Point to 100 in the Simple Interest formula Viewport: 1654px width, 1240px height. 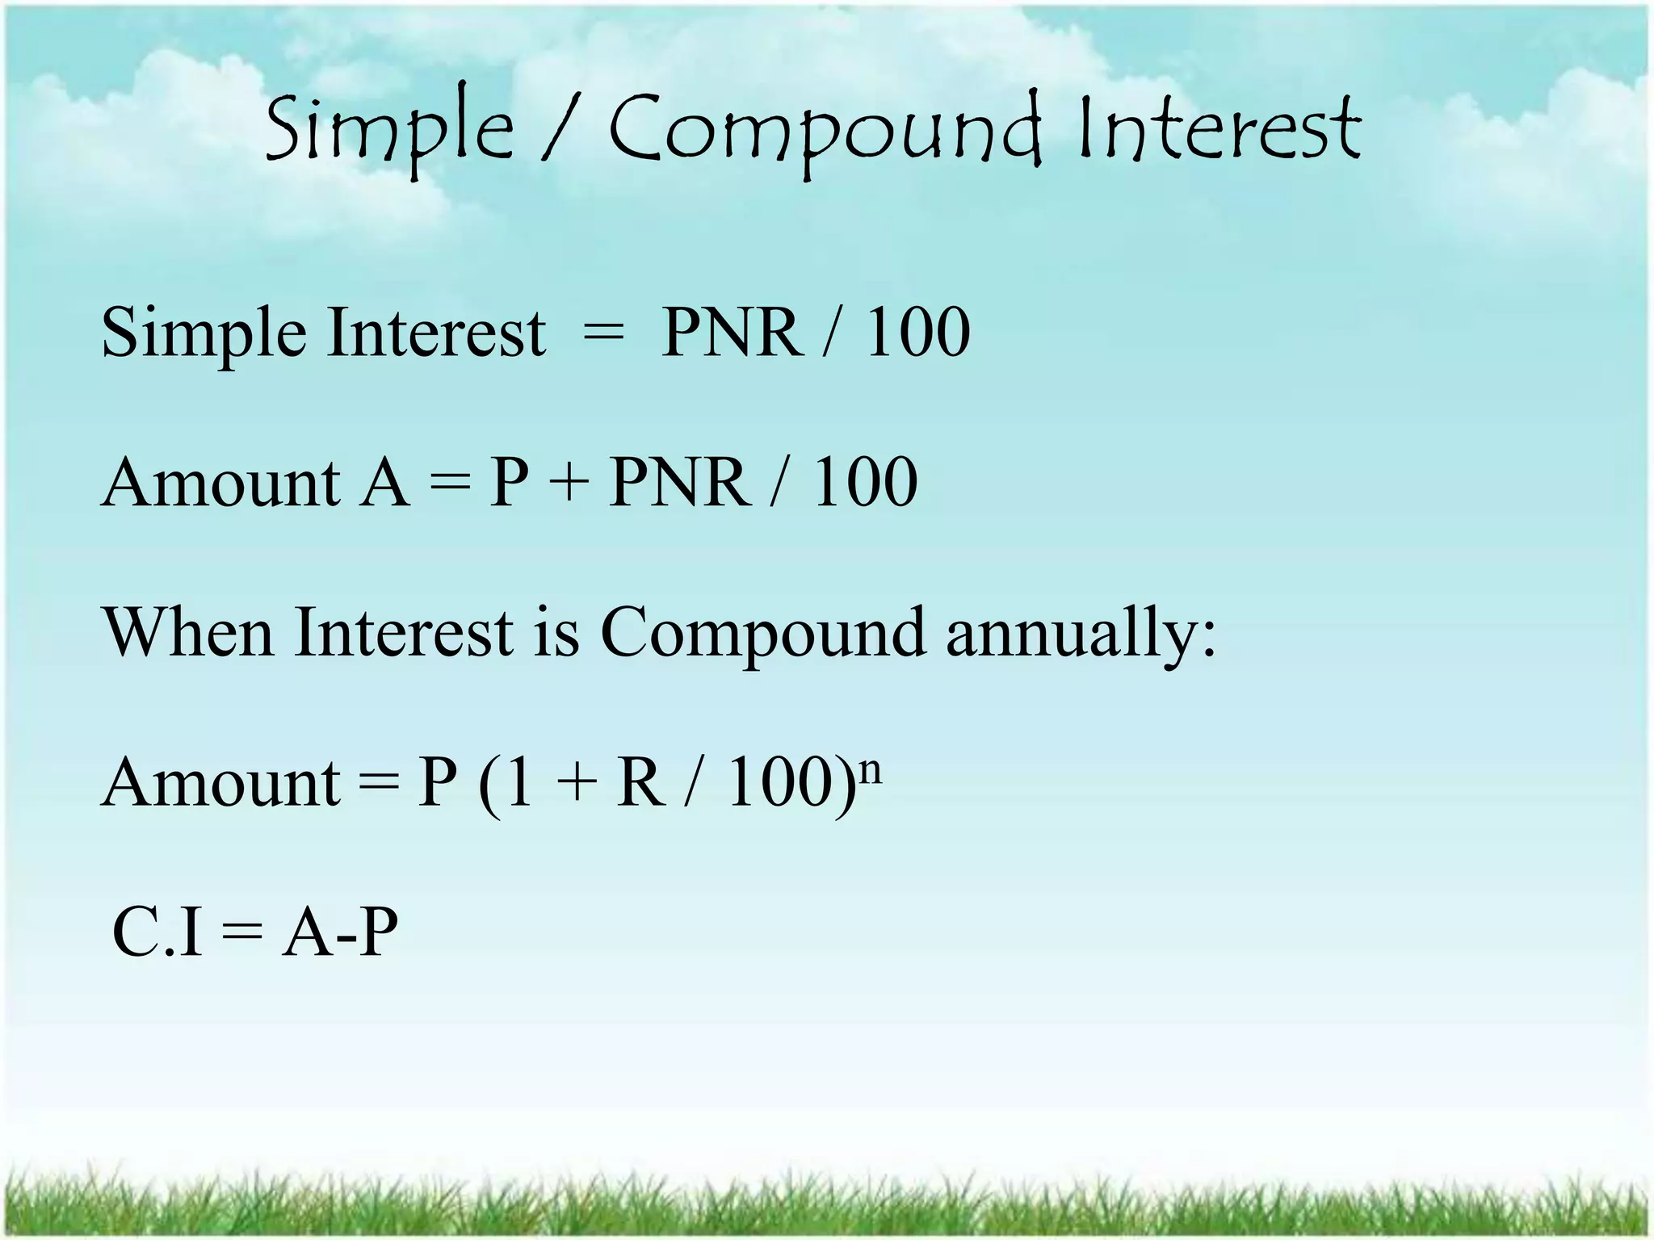(x=917, y=332)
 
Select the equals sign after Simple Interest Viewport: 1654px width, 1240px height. (x=602, y=333)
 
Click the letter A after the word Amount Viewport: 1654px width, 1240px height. (x=384, y=483)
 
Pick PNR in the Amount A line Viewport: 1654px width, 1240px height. (x=678, y=483)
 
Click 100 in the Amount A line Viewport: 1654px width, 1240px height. (x=865, y=483)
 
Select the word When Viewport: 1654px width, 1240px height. (x=188, y=633)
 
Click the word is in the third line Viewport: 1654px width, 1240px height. (x=556, y=633)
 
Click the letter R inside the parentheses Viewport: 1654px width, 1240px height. (x=641, y=783)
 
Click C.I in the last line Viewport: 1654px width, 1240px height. (x=157, y=932)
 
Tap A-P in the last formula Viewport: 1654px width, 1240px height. (x=340, y=932)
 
